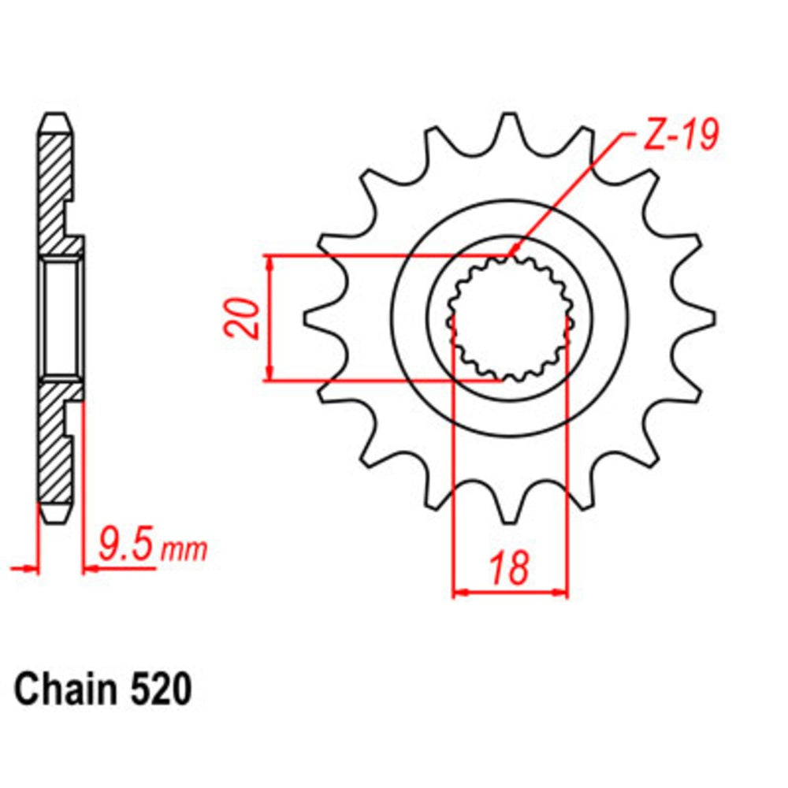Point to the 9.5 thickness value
click(x=125, y=545)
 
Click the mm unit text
click(x=184, y=548)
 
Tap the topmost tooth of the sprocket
click(x=510, y=126)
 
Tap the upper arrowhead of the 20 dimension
click(x=270, y=265)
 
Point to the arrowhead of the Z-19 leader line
click(x=515, y=252)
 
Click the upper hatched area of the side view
click(x=55, y=189)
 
